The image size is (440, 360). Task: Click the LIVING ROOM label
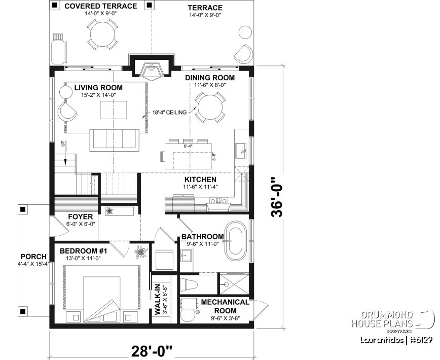coord(98,88)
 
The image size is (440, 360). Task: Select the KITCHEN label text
coord(200,179)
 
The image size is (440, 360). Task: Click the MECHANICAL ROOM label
coord(225,306)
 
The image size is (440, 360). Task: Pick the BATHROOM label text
coord(203,236)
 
